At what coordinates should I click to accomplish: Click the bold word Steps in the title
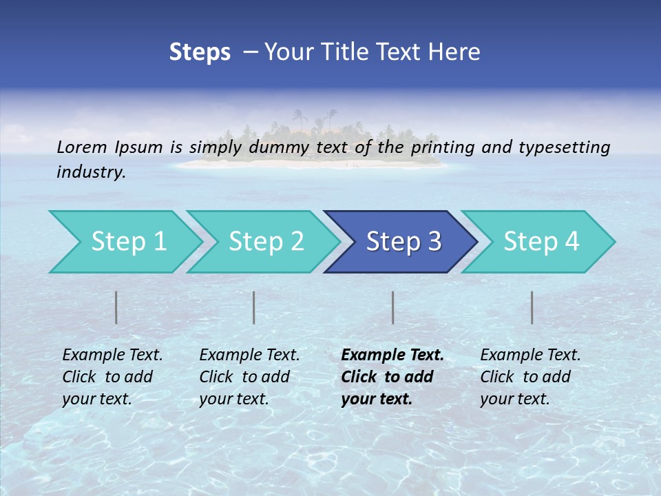tap(200, 52)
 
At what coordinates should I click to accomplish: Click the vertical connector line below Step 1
tap(116, 307)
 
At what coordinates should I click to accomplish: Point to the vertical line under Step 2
tap(254, 307)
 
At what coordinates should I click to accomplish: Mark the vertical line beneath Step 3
tap(392, 307)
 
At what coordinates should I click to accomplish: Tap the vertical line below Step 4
tap(532, 307)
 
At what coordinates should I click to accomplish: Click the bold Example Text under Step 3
tap(392, 377)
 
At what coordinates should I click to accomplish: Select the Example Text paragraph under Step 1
tap(112, 377)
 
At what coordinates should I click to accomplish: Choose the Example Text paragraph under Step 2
tap(249, 377)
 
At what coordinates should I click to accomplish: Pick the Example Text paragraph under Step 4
tap(530, 377)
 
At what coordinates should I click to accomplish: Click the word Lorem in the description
tap(82, 147)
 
